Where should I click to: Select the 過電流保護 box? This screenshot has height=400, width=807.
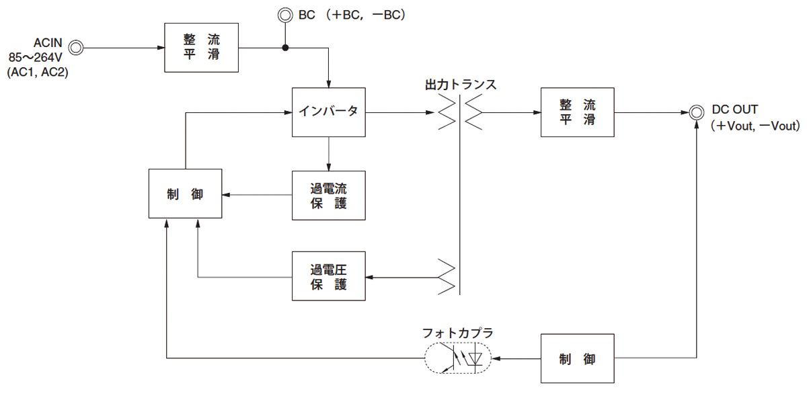329,195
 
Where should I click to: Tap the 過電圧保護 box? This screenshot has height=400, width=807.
329,276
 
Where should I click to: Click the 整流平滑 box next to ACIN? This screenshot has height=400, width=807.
202,47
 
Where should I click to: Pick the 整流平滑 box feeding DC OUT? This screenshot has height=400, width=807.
578,112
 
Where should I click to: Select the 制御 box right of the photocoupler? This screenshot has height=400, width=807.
578,359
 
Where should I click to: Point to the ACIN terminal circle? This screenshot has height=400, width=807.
76,47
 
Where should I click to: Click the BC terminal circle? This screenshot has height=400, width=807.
285,13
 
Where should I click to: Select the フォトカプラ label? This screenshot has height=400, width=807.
457,333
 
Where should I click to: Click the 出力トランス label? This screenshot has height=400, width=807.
461,85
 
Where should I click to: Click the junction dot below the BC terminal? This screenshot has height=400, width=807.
285,48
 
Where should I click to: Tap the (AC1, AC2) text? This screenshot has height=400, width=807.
37,73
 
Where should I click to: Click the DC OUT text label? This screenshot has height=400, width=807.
734,110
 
